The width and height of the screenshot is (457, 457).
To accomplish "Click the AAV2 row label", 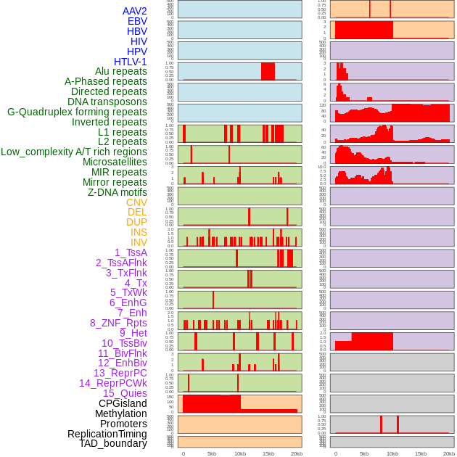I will click(x=134, y=11).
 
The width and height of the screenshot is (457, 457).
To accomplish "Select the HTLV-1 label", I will click(x=130, y=62).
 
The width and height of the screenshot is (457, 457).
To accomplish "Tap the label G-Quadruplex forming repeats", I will click(x=77, y=112).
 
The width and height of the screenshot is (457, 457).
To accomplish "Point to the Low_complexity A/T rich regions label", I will click(x=74, y=152).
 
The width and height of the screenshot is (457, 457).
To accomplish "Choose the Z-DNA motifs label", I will click(x=118, y=192).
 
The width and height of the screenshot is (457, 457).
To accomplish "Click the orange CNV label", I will click(x=136, y=202).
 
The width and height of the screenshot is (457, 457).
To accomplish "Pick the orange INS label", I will click(x=139, y=232).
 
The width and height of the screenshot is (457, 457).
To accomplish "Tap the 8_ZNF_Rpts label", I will click(x=118, y=323).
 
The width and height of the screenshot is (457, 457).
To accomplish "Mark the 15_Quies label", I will click(x=125, y=393).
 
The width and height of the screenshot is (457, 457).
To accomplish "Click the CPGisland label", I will click(x=123, y=403).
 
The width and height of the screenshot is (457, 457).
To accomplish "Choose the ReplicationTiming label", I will click(x=107, y=434).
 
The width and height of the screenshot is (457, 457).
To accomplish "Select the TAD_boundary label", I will click(x=113, y=443).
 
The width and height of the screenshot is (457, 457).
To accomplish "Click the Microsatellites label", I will click(x=115, y=162).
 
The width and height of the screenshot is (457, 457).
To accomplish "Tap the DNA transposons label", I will click(x=107, y=102).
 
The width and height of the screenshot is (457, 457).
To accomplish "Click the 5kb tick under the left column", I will click(x=212, y=453).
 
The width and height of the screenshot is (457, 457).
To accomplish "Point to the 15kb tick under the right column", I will click(x=421, y=453).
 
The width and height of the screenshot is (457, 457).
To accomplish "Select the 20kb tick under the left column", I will click(x=296, y=453).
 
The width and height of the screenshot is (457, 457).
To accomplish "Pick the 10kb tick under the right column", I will click(x=392, y=453).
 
